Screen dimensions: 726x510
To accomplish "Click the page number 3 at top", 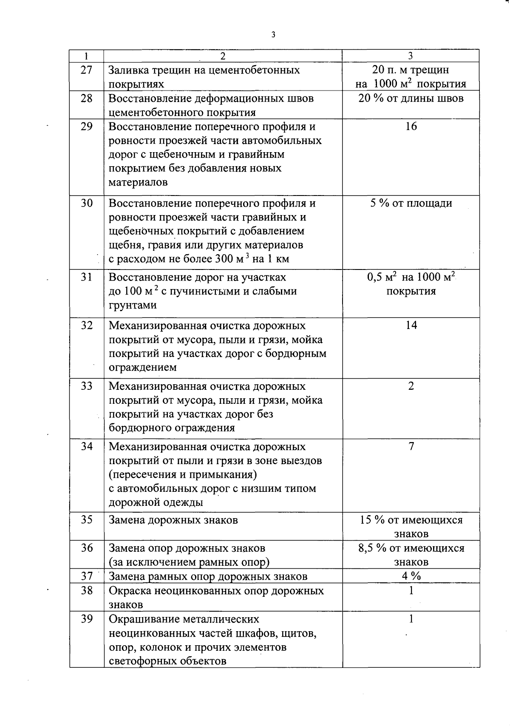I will click(273, 35).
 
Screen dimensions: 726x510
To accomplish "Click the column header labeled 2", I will click(223, 56).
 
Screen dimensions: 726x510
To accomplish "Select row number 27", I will click(86, 70).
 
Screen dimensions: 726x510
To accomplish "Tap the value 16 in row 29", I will click(411, 126).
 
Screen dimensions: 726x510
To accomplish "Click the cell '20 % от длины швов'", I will click(411, 99).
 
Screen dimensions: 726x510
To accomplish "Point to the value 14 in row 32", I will click(411, 326).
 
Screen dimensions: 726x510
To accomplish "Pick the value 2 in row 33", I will click(411, 386).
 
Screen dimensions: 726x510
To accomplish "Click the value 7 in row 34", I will click(411, 447).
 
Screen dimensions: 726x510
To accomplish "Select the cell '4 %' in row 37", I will click(411, 576).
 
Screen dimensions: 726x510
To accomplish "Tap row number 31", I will click(86, 277).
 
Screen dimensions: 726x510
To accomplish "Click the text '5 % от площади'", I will click(411, 203).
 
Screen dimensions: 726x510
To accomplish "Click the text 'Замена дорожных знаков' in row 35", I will click(173, 520).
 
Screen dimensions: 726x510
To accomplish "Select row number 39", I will click(86, 619).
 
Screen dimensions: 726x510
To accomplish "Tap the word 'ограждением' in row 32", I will click(142, 367).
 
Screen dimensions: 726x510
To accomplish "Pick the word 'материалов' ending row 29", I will click(138, 182).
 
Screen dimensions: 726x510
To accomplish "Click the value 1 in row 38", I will click(411, 591).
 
